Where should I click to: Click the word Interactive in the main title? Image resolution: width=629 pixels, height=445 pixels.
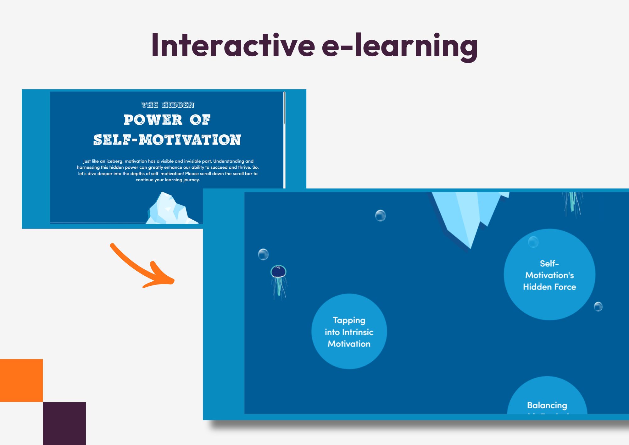233,46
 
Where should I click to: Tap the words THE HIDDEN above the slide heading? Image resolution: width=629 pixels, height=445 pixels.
168,105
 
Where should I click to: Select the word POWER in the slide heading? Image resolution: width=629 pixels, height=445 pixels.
153,120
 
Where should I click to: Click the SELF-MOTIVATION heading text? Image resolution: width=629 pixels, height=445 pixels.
167,140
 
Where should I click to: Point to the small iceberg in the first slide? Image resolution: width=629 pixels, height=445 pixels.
168,209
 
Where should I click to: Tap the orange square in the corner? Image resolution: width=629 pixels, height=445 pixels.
21,380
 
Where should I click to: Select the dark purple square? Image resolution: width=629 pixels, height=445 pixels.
64,423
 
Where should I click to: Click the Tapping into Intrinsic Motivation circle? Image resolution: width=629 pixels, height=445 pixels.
349,332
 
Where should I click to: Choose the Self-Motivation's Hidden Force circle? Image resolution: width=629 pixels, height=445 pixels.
549,275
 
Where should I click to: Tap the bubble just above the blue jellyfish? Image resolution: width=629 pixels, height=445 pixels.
263,254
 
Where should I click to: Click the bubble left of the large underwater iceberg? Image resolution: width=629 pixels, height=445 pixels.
380,216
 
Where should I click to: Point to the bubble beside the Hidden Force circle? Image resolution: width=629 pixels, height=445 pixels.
598,307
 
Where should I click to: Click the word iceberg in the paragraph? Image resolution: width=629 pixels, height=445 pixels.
114,161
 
